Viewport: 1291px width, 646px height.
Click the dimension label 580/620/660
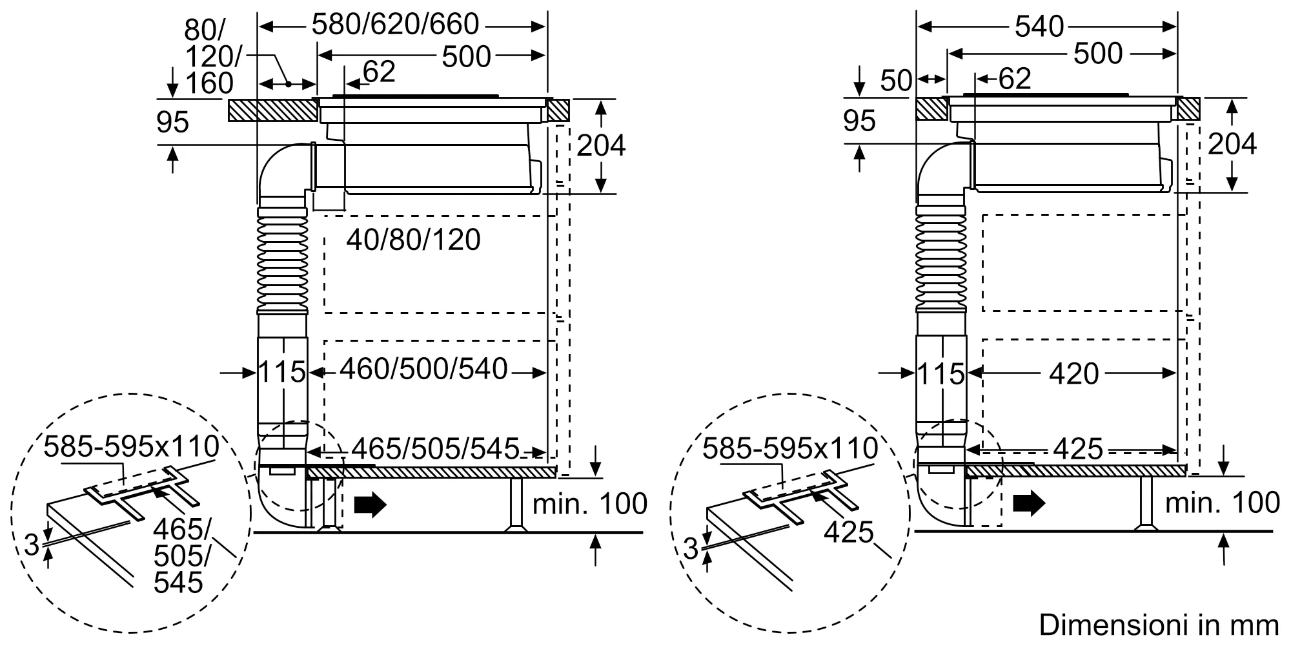pyautogui.click(x=395, y=25)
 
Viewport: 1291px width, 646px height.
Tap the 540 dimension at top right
pyautogui.click(x=1039, y=26)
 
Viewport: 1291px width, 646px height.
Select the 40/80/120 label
pyautogui.click(x=414, y=240)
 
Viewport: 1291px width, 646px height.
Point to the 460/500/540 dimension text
pyautogui.click(x=424, y=370)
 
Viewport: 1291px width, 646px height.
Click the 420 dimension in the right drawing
pyautogui.click(x=1074, y=374)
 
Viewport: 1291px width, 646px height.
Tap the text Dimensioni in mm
pyautogui.click(x=1159, y=625)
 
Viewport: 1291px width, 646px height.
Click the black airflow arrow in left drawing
pyautogui.click(x=371, y=504)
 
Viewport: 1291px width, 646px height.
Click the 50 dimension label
pyautogui.click(x=897, y=81)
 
